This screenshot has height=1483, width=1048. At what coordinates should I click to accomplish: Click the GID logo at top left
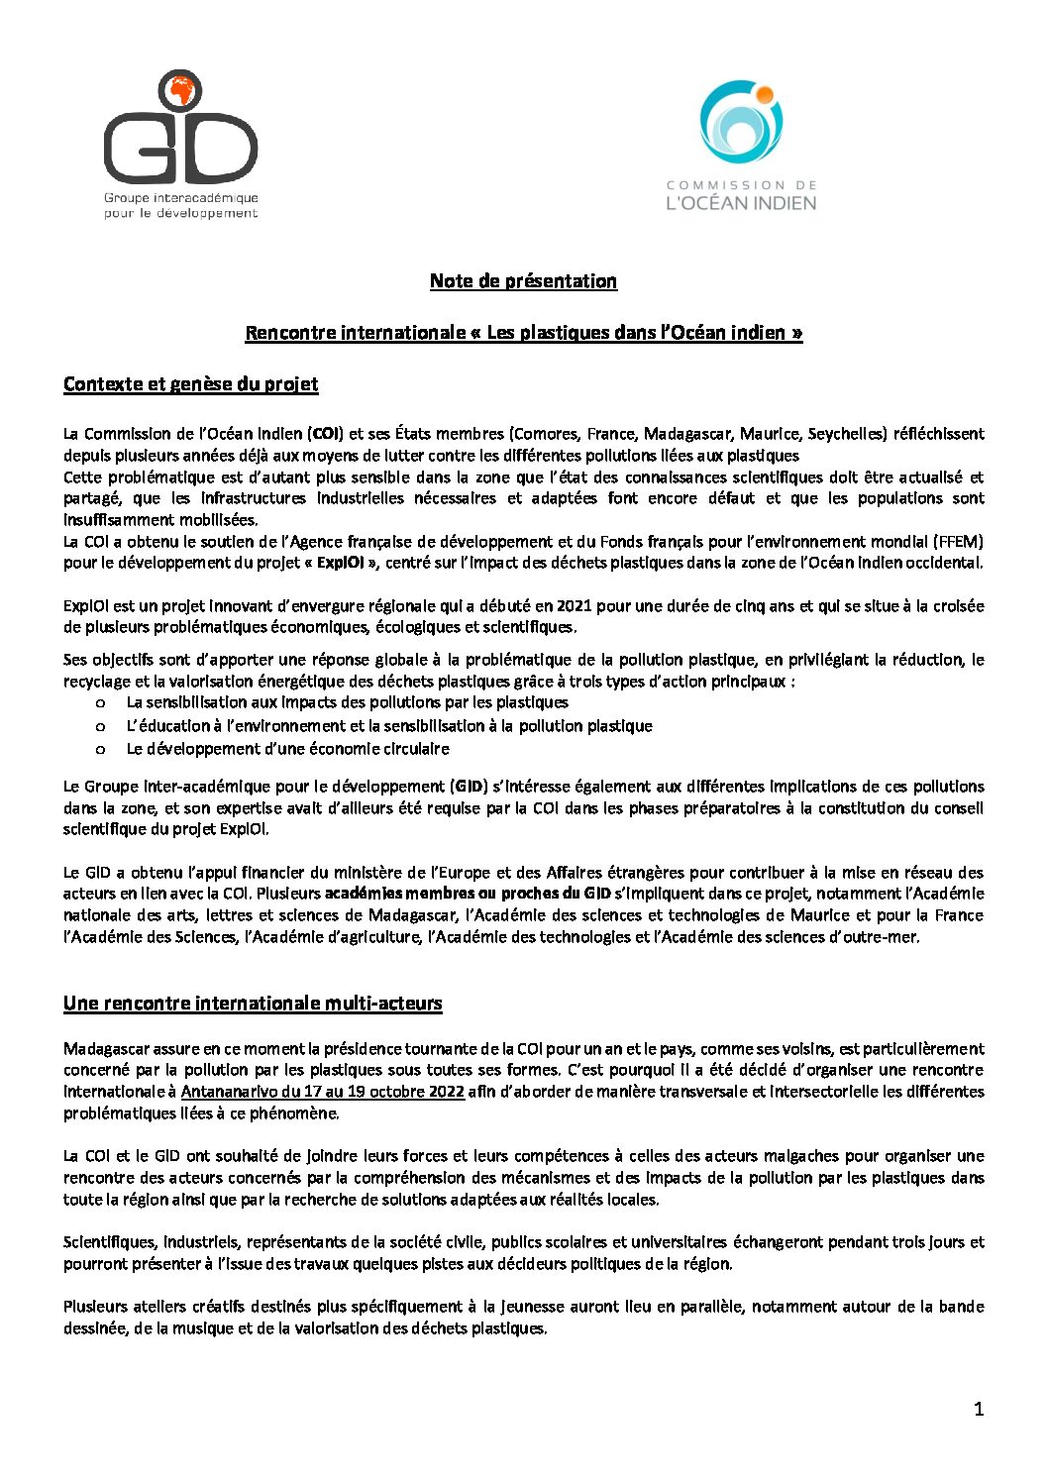tap(180, 144)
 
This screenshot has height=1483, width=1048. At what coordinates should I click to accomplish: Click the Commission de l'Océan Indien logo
tap(741, 145)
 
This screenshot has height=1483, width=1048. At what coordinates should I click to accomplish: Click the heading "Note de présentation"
tap(523, 281)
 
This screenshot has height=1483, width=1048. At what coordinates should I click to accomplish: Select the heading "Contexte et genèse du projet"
tap(190, 384)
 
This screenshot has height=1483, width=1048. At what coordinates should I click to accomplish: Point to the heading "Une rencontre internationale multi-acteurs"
tap(253, 1004)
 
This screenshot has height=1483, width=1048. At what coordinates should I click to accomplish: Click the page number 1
tap(979, 1410)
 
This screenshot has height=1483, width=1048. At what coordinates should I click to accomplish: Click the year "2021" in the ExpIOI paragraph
tap(575, 606)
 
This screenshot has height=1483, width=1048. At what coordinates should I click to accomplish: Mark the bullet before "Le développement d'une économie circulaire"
tap(101, 750)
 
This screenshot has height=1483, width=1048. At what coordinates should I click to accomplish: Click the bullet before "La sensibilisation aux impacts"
tap(101, 703)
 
